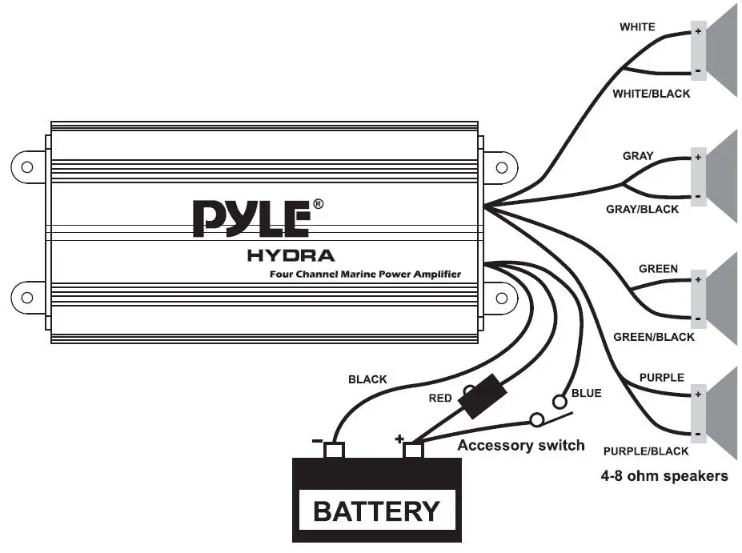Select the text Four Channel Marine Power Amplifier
(x=365, y=274)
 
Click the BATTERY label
(x=376, y=511)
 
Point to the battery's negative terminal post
(x=333, y=450)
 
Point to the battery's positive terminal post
(x=412, y=450)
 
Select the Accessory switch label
(x=520, y=445)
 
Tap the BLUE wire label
(x=586, y=393)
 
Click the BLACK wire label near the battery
(x=367, y=379)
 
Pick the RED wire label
(x=440, y=398)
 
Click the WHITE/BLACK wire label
(x=651, y=94)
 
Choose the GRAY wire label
(x=638, y=156)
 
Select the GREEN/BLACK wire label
(x=653, y=337)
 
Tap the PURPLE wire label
(x=661, y=377)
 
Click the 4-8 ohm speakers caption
(x=664, y=476)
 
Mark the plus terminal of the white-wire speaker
(x=698, y=33)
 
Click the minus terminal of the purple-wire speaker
(x=698, y=434)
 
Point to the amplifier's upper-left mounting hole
(x=27, y=167)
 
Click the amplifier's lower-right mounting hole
(x=502, y=298)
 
